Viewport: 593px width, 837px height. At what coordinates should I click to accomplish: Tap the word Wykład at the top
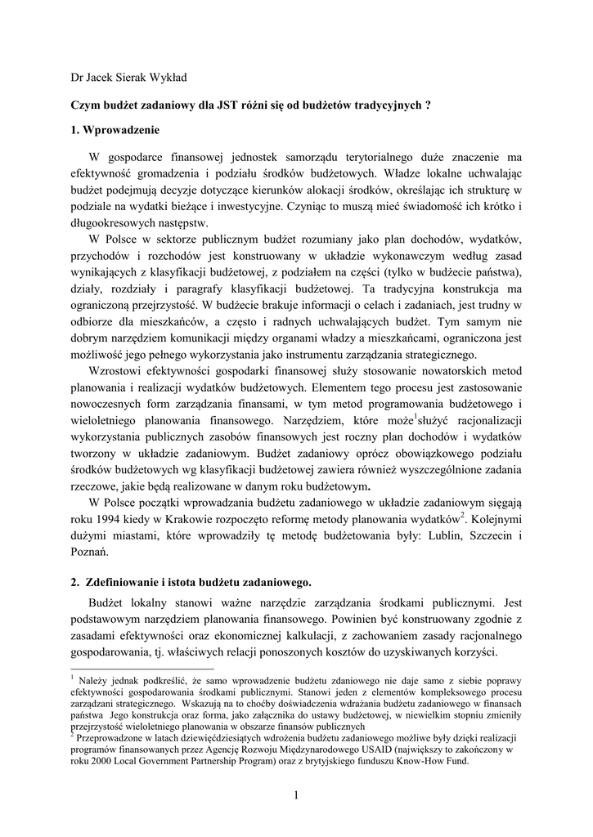(x=169, y=78)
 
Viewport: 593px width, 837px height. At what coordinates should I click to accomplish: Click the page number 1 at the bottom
(x=295, y=797)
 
